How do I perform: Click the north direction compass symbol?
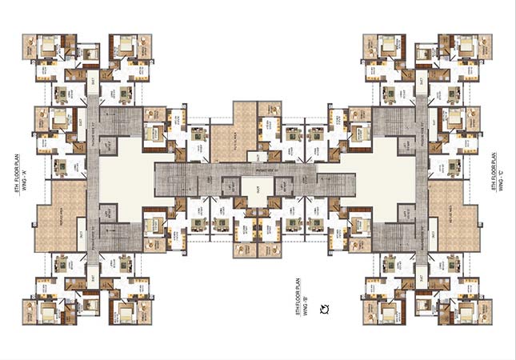(x=324, y=309)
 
